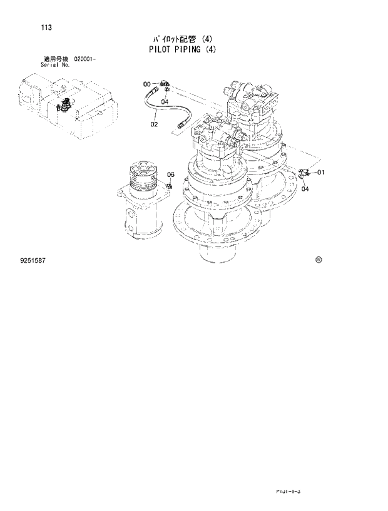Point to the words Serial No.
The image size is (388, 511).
[x=55, y=64]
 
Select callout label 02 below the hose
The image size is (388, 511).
[x=154, y=124]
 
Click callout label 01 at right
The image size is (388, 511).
[x=320, y=172]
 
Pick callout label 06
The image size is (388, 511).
[x=170, y=175]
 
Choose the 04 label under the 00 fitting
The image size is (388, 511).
[x=165, y=101]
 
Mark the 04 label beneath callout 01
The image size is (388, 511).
[x=305, y=190]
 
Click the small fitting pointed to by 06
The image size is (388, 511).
[x=170, y=186]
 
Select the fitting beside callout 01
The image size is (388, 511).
[x=305, y=173]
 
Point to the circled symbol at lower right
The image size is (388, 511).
[x=318, y=259]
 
